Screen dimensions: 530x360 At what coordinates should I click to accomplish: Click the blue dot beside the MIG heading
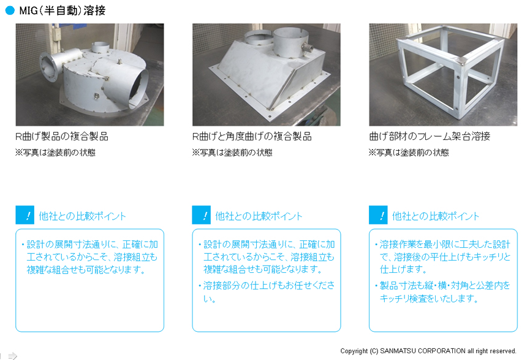point(10,10)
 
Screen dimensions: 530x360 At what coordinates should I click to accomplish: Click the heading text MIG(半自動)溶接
point(62,10)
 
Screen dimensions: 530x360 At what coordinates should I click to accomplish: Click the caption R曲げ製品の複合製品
point(62,136)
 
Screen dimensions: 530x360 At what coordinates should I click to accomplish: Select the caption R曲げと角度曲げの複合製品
point(252,136)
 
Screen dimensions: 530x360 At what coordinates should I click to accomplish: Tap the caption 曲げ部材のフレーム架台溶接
point(430,136)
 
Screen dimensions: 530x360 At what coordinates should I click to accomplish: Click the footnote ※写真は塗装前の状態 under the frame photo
point(409,153)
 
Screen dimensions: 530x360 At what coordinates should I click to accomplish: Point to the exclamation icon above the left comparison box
point(25,215)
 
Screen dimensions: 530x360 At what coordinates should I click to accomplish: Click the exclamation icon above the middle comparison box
point(202,215)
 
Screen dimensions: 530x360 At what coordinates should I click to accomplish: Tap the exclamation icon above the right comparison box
point(378,215)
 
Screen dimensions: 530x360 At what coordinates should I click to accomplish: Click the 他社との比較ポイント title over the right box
point(436,216)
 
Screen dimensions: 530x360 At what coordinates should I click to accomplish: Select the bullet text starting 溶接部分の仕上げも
point(267,292)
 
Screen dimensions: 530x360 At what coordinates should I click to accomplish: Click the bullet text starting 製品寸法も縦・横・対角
point(443,292)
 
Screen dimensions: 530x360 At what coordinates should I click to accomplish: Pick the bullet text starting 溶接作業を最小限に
point(443,257)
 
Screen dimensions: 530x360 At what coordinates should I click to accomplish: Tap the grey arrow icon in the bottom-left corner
point(12,356)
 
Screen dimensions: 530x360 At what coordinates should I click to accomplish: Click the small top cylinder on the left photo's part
point(100,47)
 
